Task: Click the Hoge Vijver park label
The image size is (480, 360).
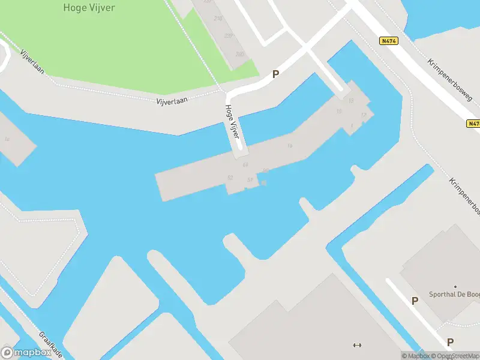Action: (x=89, y=8)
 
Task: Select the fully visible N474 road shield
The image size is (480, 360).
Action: (x=387, y=41)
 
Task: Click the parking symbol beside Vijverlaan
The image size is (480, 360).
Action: (x=276, y=74)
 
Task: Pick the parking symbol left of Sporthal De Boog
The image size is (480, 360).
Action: (x=415, y=301)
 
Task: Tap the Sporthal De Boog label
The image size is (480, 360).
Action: (x=454, y=295)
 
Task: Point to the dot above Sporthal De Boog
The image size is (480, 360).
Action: (x=455, y=287)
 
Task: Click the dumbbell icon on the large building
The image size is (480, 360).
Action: (x=358, y=344)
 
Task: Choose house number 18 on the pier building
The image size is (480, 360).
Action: (x=290, y=146)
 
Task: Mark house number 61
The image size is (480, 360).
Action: (x=245, y=164)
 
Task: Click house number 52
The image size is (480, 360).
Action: (x=230, y=178)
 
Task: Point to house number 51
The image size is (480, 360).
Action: (x=250, y=180)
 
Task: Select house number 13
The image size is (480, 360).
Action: (x=351, y=101)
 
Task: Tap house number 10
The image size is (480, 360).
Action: (x=339, y=112)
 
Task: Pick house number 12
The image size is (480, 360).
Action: (x=363, y=115)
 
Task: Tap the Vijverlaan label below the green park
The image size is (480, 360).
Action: (x=167, y=100)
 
